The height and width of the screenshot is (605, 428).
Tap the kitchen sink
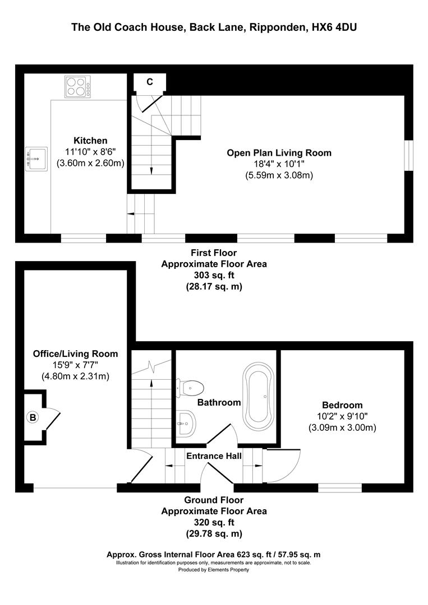coord(35,159)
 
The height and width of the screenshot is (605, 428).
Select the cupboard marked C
coord(149,82)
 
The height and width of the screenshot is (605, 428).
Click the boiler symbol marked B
coord(33,417)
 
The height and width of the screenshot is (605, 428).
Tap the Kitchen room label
coord(90,141)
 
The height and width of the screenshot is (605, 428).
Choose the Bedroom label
coord(342,405)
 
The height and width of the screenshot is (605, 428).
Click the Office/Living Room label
coord(75,353)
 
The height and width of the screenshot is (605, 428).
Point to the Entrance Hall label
coord(214,456)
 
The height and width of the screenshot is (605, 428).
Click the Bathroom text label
coord(219,402)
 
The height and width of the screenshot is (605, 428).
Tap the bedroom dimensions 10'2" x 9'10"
coord(342,416)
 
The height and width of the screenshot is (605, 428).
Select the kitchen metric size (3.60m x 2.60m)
coord(90,163)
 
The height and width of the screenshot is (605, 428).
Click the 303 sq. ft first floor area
coord(214,275)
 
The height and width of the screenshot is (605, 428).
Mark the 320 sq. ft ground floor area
coord(214,522)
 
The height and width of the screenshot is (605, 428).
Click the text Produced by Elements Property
coord(214,570)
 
